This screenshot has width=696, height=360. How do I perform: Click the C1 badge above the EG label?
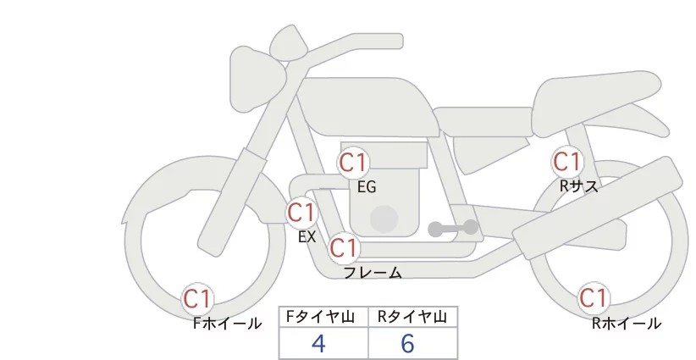click(352, 162)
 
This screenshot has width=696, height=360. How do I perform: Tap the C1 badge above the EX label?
click(301, 212)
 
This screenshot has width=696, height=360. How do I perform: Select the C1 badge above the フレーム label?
click(344, 248)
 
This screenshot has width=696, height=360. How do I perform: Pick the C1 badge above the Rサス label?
click(566, 161)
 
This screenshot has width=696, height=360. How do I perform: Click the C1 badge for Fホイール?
click(198, 298)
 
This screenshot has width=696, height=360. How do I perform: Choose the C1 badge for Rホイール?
click(593, 298)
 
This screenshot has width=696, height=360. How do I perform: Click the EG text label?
click(367, 187)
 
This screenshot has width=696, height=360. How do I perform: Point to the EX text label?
click(307, 237)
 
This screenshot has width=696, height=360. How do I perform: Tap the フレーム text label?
click(373, 273)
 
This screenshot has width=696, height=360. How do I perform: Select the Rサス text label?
click(579, 186)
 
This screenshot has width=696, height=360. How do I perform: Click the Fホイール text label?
click(228, 323)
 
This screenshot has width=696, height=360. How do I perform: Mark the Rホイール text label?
click(627, 323)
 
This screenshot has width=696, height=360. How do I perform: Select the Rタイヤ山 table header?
click(412, 317)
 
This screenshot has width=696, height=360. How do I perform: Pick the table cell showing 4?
click(319, 343)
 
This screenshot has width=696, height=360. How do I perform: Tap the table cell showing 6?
click(407, 343)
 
